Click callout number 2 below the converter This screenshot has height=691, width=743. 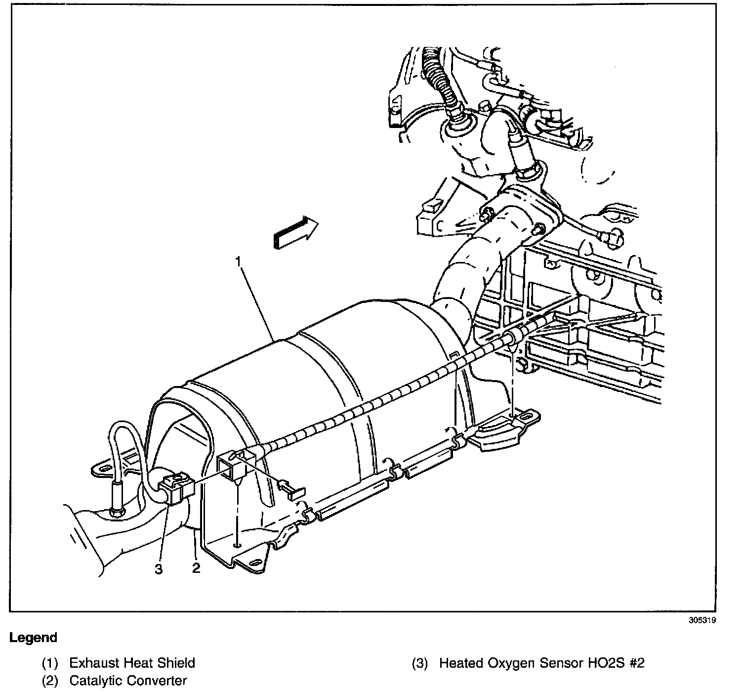[196, 568]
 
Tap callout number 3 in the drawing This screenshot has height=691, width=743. [159, 569]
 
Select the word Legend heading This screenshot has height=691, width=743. [34, 638]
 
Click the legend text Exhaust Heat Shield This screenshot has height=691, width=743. [132, 663]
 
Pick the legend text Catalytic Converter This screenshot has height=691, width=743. [128, 681]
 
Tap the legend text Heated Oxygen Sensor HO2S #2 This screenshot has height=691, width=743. [542, 663]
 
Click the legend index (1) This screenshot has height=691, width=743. [50, 663]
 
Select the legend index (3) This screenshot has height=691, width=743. [420, 663]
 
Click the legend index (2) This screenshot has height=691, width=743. [50, 681]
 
